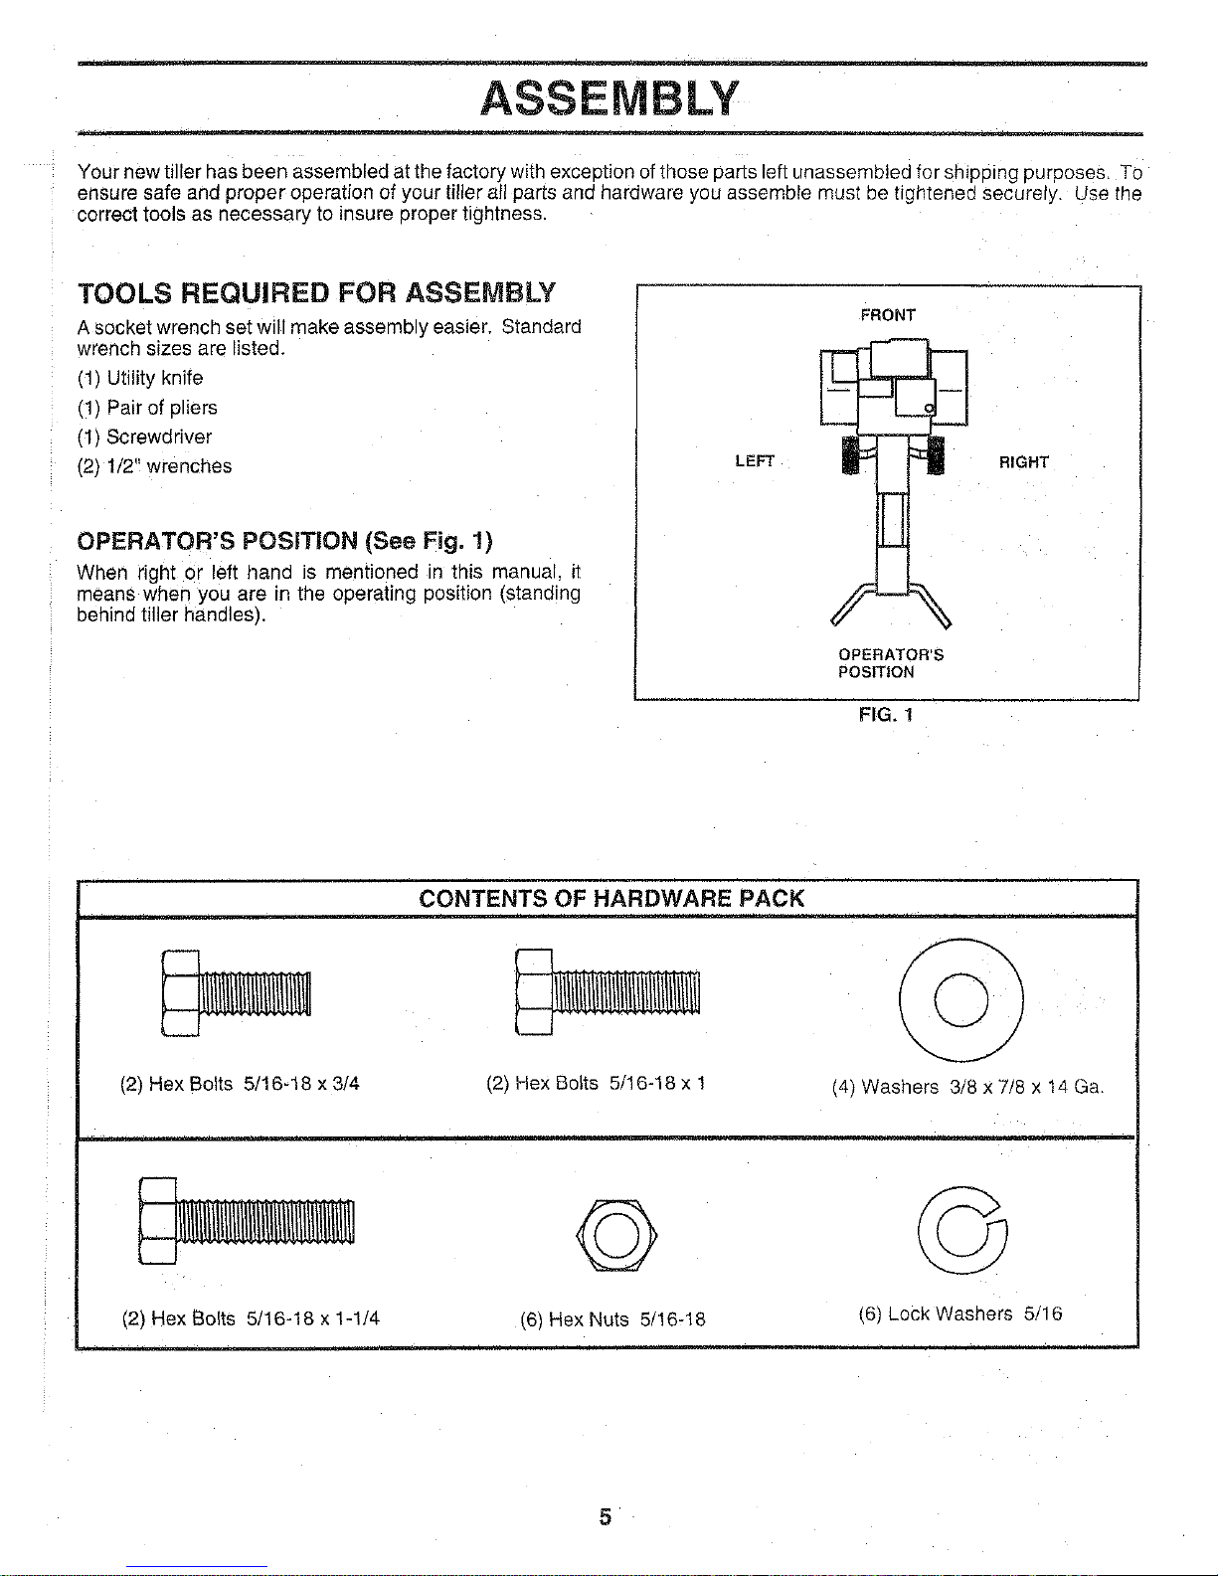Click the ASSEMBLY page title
[x=609, y=98]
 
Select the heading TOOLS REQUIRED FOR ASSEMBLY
[x=316, y=293]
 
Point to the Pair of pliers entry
[x=147, y=408]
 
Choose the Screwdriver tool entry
[x=145, y=437]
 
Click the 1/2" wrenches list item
[x=155, y=466]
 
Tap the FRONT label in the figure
[x=888, y=315]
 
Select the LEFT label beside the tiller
[x=754, y=461]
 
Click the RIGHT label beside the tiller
[x=1023, y=462]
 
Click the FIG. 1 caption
[x=885, y=715]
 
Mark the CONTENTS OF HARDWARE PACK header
[x=610, y=899]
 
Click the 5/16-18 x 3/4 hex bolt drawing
[x=236, y=992]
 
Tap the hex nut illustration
[x=615, y=1234]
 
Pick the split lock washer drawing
[x=961, y=1231]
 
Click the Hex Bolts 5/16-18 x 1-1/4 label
[x=251, y=1318]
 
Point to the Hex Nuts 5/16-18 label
[x=612, y=1319]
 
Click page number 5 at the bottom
[x=604, y=1517]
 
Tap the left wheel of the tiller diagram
[x=850, y=455]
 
